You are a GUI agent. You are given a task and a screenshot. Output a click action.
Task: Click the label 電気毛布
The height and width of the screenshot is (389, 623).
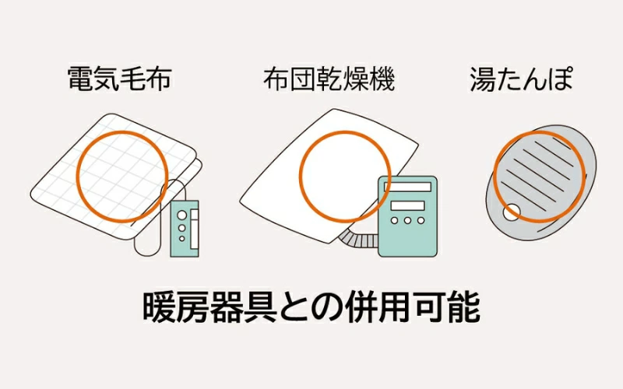119,79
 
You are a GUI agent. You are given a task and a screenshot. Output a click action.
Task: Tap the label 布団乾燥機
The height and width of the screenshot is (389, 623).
329,79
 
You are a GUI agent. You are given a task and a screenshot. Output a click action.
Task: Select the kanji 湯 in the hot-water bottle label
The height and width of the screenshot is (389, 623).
483,79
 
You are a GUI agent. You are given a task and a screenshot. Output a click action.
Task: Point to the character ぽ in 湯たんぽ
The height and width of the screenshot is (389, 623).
560,79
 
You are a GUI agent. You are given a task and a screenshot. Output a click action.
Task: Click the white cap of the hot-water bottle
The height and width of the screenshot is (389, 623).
512,212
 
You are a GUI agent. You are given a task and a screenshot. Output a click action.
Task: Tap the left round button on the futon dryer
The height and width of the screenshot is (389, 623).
394,220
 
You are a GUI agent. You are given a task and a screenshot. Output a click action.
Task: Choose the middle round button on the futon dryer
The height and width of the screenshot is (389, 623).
407,220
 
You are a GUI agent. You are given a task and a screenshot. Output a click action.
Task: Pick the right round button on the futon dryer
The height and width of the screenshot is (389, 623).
421,220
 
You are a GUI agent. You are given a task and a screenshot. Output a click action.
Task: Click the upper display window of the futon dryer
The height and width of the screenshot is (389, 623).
407,187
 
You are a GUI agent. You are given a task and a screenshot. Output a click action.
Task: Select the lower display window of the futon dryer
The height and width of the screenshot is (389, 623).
407,205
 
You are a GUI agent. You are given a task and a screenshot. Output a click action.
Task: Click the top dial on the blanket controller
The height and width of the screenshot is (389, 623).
182,215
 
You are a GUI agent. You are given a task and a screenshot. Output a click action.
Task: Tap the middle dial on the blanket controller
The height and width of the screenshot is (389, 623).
182,228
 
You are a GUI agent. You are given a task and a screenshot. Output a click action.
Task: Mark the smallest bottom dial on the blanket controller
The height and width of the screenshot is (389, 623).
182,239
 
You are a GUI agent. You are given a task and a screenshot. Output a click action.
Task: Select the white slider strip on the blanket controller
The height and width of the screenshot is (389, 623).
194,229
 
